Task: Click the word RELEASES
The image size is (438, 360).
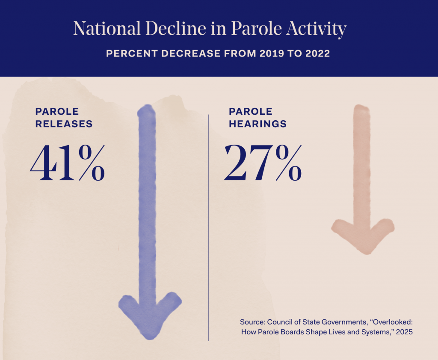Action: pos(64,124)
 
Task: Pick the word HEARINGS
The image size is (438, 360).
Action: pos(257,124)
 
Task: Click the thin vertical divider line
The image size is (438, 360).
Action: pos(209,227)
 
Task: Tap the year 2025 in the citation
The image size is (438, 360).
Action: pos(404,332)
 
